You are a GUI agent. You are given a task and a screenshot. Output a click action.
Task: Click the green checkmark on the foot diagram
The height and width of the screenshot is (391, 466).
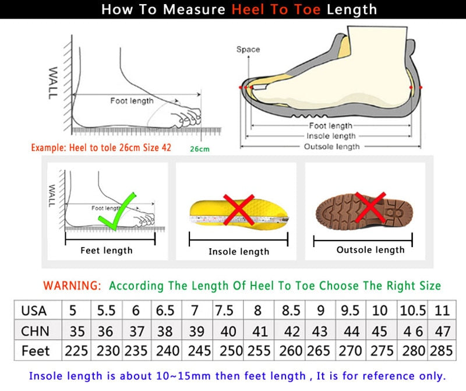click(x=118, y=211)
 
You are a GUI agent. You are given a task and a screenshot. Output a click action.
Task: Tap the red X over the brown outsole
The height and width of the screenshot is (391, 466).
click(x=371, y=207)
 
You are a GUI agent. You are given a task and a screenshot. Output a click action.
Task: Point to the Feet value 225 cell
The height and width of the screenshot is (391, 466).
click(x=77, y=351)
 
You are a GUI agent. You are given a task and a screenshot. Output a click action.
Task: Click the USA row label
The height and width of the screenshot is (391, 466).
click(x=34, y=311)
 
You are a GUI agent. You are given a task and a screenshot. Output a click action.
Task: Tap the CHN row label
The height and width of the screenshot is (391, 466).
click(x=35, y=331)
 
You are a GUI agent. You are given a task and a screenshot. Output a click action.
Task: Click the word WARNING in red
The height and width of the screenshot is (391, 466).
click(x=72, y=286)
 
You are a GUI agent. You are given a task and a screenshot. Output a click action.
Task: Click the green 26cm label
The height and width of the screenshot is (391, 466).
click(x=200, y=149)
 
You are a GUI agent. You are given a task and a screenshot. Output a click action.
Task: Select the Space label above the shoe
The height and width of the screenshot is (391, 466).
click(x=248, y=50)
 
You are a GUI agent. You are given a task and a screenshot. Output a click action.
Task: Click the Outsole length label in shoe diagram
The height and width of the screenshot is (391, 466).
click(x=331, y=147)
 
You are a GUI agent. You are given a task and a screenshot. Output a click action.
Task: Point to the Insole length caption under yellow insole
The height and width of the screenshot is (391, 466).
click(x=239, y=252)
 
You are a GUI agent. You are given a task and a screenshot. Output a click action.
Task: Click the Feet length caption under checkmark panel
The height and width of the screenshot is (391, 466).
click(x=107, y=251)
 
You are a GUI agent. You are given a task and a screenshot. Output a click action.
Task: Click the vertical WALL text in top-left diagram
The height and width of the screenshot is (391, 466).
click(x=53, y=82)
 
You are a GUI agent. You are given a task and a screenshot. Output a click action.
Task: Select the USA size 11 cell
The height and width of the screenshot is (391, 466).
click(x=442, y=311)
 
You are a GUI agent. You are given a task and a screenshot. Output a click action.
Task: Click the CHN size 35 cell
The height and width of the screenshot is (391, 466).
click(x=77, y=331)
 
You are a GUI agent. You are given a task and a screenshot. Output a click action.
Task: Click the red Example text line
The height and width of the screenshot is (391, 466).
click(x=101, y=147)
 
